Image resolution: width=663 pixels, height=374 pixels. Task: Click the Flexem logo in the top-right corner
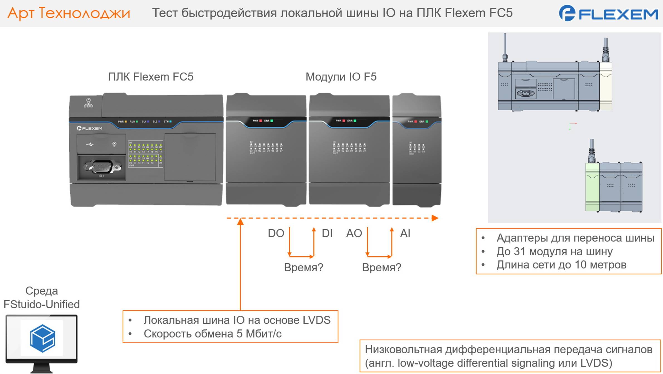(x=608, y=13)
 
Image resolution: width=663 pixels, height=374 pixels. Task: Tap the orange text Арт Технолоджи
(x=69, y=13)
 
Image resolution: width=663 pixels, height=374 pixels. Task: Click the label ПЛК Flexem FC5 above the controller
(x=151, y=77)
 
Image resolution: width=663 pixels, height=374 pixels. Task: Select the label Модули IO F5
(x=341, y=77)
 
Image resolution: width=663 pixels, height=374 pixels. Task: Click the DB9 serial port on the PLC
(x=102, y=167)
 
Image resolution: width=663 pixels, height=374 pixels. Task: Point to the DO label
(x=276, y=233)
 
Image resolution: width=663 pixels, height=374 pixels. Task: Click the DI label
(x=327, y=233)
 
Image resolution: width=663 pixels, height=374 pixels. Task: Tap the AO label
(x=354, y=233)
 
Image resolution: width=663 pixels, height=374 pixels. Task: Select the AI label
(x=405, y=233)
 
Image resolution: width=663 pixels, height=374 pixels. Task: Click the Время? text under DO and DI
(x=304, y=267)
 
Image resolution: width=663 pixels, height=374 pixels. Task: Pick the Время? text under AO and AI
(x=381, y=267)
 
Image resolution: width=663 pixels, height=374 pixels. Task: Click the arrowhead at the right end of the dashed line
(x=435, y=218)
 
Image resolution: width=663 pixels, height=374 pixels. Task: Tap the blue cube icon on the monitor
(x=42, y=338)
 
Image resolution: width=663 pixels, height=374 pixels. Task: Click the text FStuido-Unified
(x=41, y=304)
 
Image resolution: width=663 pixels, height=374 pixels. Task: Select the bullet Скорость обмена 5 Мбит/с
(x=212, y=334)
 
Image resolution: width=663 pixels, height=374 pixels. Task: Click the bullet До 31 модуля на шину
(x=554, y=252)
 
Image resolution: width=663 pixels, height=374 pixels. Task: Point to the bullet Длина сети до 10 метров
(x=561, y=265)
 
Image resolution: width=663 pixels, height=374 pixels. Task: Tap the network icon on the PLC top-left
(x=88, y=103)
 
